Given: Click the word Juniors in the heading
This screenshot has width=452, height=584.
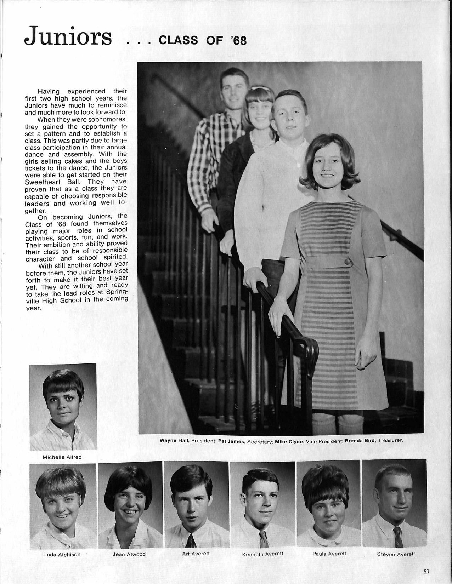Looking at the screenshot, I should point(68,36).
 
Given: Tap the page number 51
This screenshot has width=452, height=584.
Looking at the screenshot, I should point(426,571).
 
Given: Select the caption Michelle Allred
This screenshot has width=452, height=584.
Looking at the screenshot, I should point(62,457).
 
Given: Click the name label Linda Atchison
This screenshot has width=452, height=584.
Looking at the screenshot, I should point(61,554).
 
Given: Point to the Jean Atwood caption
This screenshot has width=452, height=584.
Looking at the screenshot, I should point(129,554).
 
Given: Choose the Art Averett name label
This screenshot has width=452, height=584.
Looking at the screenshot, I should point(196,554).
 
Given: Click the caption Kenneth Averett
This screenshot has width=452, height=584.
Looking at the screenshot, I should point(262,554).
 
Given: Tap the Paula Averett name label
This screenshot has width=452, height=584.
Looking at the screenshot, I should point(329,554).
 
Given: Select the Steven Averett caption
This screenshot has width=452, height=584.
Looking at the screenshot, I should point(396,554).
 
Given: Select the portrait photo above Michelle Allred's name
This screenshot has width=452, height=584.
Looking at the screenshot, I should point(63,407).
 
